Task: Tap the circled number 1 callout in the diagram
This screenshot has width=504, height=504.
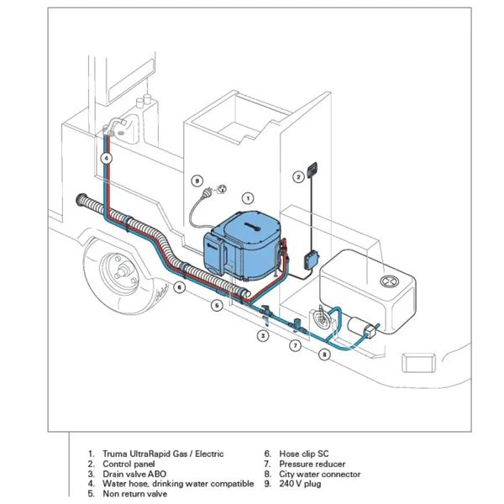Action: (248, 197)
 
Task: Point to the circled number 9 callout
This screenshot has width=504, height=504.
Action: (196, 180)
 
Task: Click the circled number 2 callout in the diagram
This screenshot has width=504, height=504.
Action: (297, 176)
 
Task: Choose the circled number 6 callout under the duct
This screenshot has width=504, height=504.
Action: (179, 288)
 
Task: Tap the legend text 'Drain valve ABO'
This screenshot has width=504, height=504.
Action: (139, 474)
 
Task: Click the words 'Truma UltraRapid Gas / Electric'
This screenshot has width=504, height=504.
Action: (163, 454)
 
